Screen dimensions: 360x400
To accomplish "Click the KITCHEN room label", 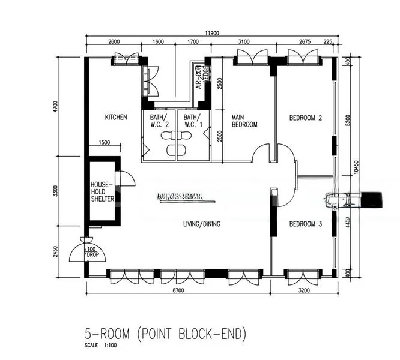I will [x=116, y=118].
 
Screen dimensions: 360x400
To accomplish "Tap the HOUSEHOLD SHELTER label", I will [x=102, y=191].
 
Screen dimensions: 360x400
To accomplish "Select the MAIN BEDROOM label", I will [x=244, y=121].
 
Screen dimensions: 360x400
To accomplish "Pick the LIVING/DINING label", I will [x=202, y=224].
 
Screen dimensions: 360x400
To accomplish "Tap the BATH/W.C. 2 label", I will [x=159, y=121].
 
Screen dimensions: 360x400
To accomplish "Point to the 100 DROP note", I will [x=91, y=251].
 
